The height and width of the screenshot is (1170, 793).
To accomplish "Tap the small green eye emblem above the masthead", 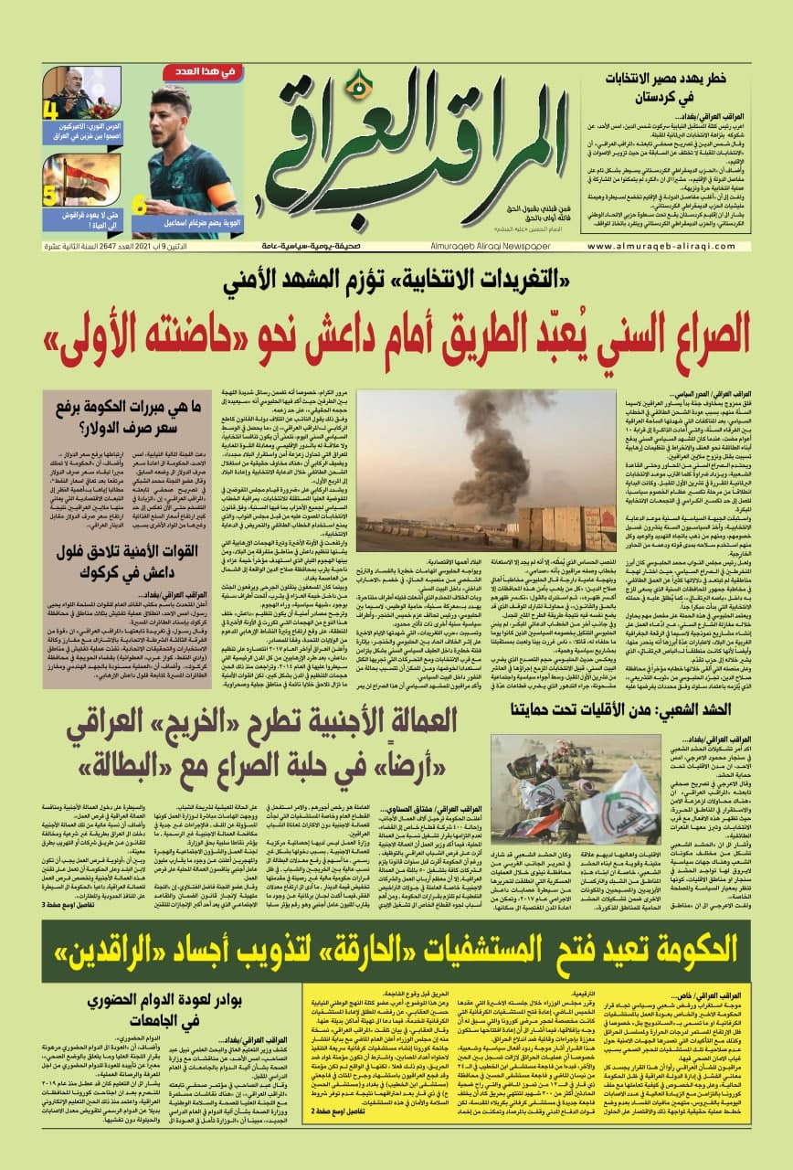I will [363, 86].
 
